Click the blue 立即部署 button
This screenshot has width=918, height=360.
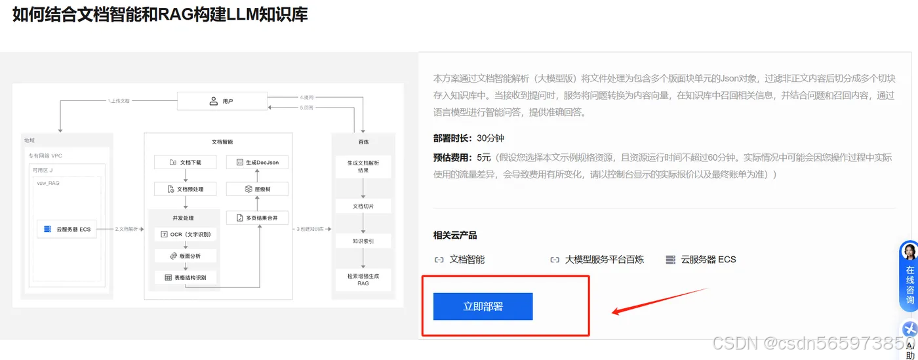(x=483, y=306)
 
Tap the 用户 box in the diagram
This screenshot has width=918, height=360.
(x=223, y=102)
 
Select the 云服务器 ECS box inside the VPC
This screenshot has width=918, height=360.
(x=68, y=229)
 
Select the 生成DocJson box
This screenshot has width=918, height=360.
(x=257, y=161)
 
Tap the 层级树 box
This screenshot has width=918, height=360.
(x=257, y=189)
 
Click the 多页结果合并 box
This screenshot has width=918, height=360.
(x=257, y=217)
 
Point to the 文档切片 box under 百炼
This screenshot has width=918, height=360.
(x=363, y=206)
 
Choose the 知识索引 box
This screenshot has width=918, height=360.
(x=363, y=241)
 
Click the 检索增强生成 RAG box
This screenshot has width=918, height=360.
(x=363, y=280)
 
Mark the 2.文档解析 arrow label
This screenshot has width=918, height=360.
(x=127, y=229)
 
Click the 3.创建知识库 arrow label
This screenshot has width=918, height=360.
(x=311, y=229)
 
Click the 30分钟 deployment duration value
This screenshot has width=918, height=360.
(x=490, y=138)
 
